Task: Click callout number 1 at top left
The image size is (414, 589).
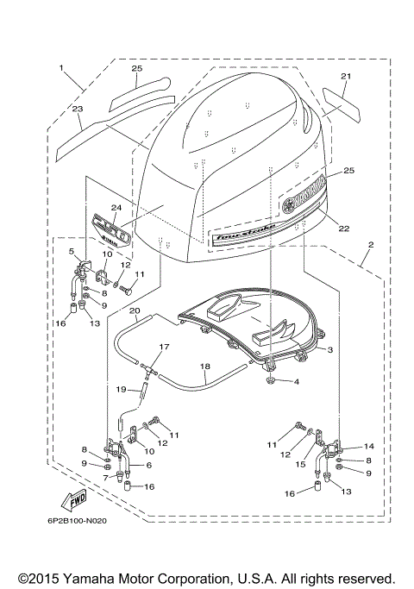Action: [x=62, y=66]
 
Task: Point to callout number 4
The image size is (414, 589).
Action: [x=298, y=381]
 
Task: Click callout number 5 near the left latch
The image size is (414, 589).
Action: [x=72, y=251]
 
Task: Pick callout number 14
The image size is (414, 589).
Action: [x=368, y=446]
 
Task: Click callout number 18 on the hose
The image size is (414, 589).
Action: [x=204, y=366]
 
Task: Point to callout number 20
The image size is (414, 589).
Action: [x=134, y=310]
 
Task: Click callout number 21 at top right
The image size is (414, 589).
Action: [x=345, y=77]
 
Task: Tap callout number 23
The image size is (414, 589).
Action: [x=78, y=110]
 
